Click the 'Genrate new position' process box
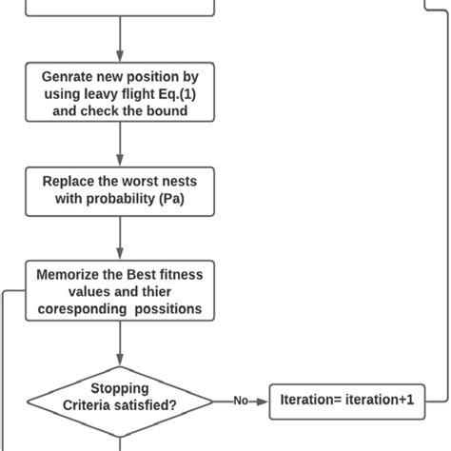pyautogui.click(x=120, y=92)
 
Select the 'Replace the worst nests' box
pyautogui.click(x=120, y=191)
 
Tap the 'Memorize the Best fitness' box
pyautogui.click(x=120, y=290)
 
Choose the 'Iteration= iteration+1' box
pyautogui.click(x=346, y=401)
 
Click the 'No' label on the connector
pyautogui.click(x=241, y=401)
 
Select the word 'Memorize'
pyautogui.click(x=69, y=274)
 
